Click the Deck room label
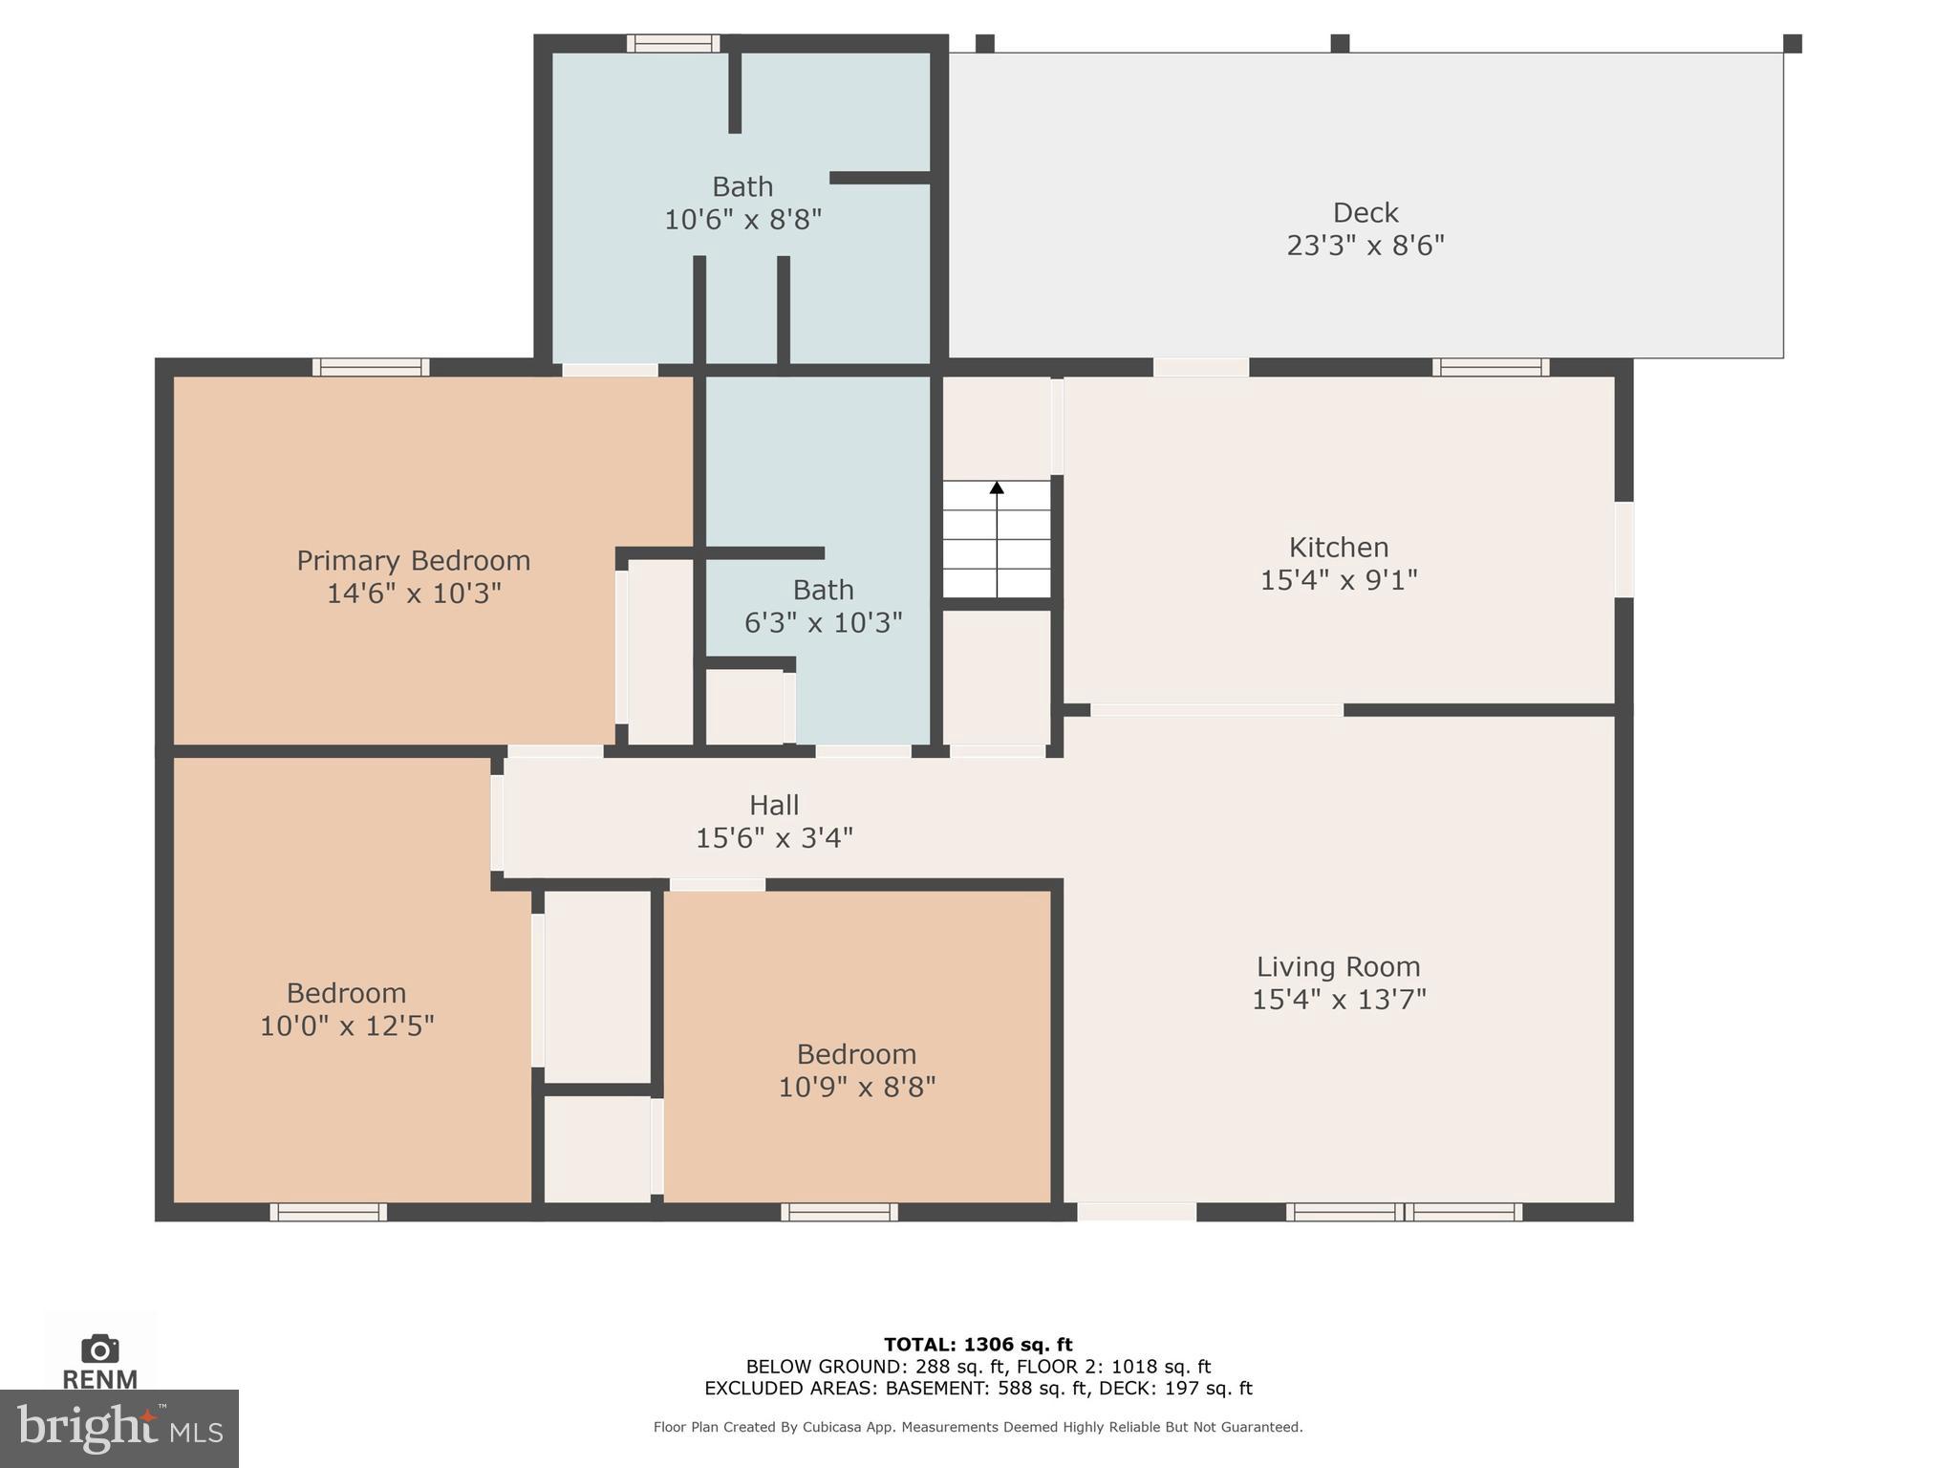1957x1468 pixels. click(1365, 212)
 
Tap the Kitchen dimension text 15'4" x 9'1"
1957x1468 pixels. click(1338, 580)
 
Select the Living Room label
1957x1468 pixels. click(1338, 966)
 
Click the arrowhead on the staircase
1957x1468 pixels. click(997, 487)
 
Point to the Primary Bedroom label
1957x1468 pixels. click(413, 560)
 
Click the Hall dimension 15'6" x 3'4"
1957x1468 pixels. click(773, 838)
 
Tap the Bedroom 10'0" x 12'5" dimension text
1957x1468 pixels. click(347, 1025)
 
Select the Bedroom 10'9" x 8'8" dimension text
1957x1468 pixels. click(856, 1087)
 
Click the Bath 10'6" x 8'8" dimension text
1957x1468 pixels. click(742, 220)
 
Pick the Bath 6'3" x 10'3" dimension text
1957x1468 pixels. click(823, 623)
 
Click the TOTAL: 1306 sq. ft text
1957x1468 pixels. click(978, 1345)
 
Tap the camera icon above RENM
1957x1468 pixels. click(99, 1349)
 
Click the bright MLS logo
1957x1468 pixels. click(118, 1429)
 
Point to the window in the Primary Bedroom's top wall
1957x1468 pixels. click(371, 367)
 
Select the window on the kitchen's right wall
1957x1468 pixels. click(1624, 550)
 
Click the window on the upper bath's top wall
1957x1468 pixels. click(673, 43)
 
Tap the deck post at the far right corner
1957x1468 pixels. click(1793, 43)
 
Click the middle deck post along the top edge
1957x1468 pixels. click(1340, 43)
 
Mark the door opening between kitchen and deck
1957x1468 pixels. click(1200, 367)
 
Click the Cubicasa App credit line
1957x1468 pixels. click(978, 1427)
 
